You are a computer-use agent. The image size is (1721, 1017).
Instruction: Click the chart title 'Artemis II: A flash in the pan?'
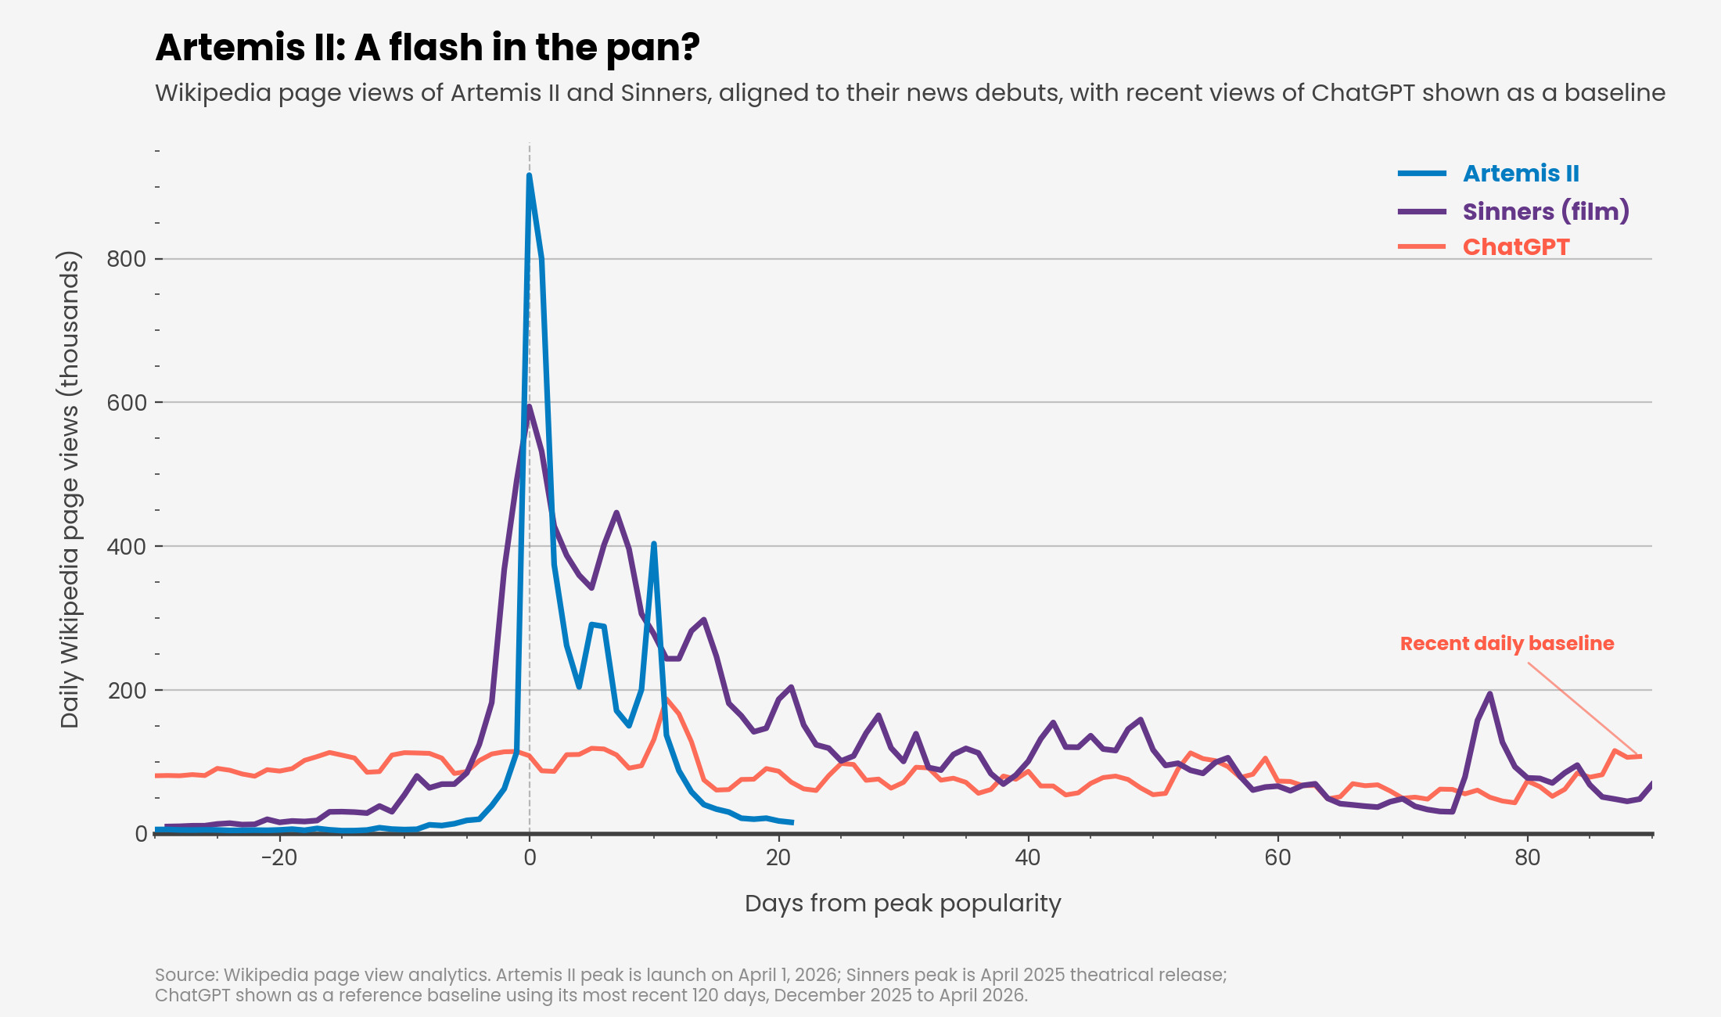pyautogui.click(x=427, y=48)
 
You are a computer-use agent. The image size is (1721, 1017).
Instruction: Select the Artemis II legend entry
pyautogui.click(x=1520, y=174)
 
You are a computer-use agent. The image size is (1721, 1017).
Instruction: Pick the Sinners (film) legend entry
pyautogui.click(x=1545, y=211)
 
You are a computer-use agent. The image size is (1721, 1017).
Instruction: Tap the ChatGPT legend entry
pyautogui.click(x=1515, y=247)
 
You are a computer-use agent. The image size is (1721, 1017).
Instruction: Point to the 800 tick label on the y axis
pyautogui.click(x=127, y=259)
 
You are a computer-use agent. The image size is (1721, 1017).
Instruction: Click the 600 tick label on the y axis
pyautogui.click(x=127, y=403)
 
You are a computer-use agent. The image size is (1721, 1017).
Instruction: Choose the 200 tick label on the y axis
pyautogui.click(x=127, y=691)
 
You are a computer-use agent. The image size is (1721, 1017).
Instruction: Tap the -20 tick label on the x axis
pyautogui.click(x=279, y=858)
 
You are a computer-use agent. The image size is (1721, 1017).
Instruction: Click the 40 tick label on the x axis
pyautogui.click(x=1028, y=858)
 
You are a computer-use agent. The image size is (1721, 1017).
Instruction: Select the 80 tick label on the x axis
pyautogui.click(x=1527, y=858)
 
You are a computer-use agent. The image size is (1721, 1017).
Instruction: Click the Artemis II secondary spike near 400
pyautogui.click(x=653, y=544)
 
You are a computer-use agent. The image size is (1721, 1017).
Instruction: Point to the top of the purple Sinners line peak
pyautogui.click(x=530, y=406)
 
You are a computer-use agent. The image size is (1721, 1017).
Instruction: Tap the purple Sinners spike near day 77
pyautogui.click(x=1489, y=694)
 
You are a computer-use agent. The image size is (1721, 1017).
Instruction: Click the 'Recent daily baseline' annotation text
pyautogui.click(x=1507, y=644)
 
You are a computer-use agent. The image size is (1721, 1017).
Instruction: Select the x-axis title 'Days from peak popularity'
pyautogui.click(x=903, y=904)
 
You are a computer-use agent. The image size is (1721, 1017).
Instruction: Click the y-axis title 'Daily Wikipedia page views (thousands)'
pyautogui.click(x=70, y=490)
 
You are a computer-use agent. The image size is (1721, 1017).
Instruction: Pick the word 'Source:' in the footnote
pyautogui.click(x=186, y=975)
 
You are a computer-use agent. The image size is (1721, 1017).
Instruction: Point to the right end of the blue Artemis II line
pyautogui.click(x=792, y=822)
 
